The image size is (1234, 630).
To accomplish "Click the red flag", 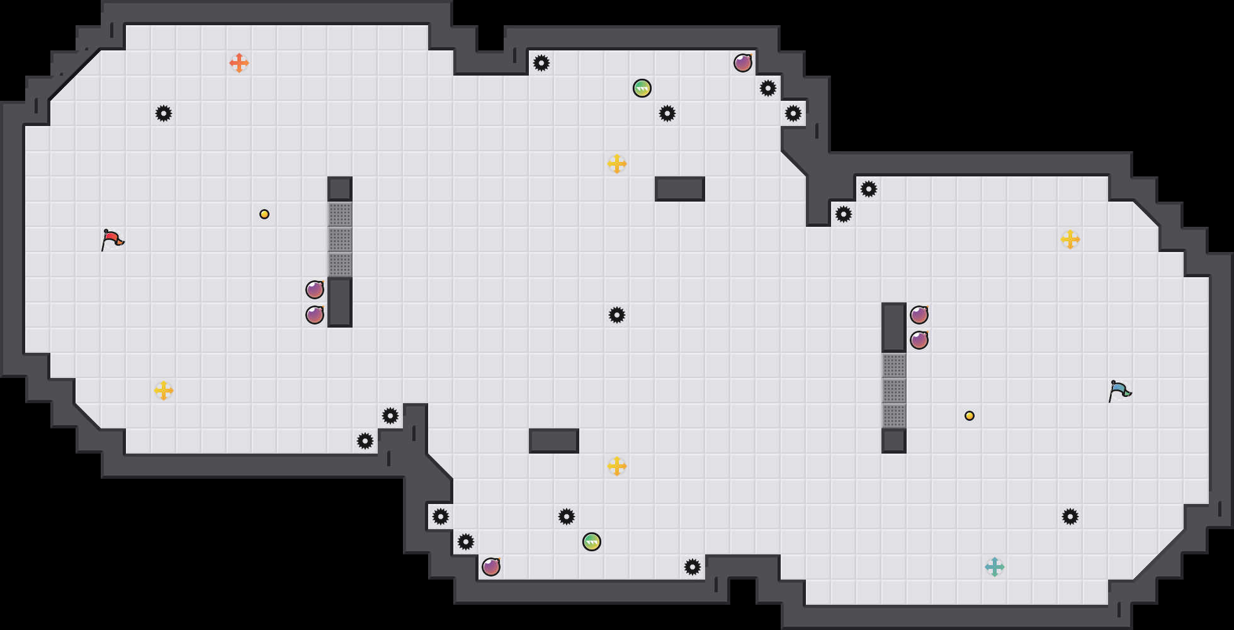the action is [112, 239].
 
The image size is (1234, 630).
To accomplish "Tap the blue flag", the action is [1119, 391].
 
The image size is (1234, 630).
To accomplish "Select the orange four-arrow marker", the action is [239, 63].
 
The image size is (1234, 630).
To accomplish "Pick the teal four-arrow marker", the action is [995, 567].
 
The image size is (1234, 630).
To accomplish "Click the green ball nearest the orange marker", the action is [642, 88].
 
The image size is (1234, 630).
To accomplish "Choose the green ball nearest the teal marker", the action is [592, 542].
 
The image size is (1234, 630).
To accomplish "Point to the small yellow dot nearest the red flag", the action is [264, 214].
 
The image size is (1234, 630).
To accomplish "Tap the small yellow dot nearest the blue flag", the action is [970, 416].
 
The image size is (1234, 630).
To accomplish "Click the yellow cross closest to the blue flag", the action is [1070, 239].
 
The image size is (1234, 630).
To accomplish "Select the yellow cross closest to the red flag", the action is [164, 391].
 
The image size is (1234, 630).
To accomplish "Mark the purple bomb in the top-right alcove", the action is [743, 63].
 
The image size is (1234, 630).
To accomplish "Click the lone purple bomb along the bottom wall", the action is [491, 567].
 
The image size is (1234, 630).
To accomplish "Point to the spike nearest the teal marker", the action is [1070, 517].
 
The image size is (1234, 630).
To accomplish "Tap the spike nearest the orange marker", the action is [164, 113].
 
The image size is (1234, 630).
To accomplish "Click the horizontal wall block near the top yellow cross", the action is [680, 189].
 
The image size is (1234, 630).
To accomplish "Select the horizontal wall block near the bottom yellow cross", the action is [554, 441].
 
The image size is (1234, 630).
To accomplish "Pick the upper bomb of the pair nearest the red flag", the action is [315, 290].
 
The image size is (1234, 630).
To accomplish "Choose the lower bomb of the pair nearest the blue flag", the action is [919, 340].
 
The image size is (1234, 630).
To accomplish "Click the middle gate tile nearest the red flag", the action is [340, 239].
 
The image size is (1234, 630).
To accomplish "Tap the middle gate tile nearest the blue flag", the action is [894, 391].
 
